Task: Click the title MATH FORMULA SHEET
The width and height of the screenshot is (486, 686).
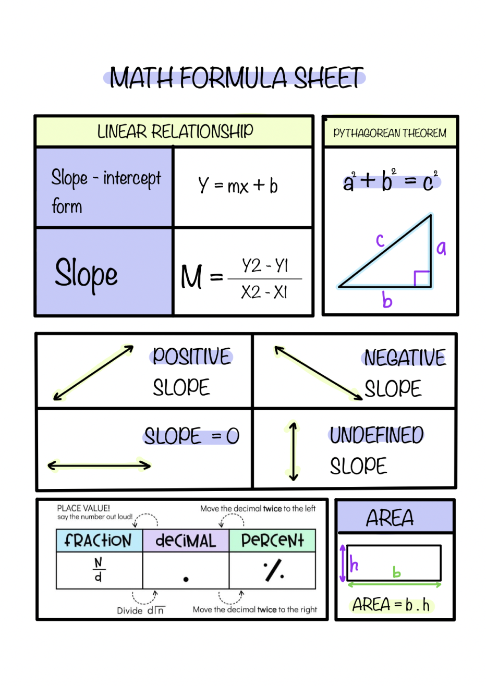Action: click(236, 78)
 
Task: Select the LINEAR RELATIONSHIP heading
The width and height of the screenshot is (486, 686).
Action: click(175, 131)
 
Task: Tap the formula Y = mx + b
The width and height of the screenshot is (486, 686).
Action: click(238, 186)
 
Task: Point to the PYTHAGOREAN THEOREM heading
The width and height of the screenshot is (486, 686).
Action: click(390, 133)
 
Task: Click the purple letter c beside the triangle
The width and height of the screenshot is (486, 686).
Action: click(381, 240)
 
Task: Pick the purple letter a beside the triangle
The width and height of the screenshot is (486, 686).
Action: click(441, 248)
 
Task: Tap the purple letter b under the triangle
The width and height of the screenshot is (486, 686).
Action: click(386, 300)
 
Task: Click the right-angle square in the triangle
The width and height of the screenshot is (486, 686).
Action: click(422, 278)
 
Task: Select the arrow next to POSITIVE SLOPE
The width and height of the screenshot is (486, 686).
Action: click(93, 373)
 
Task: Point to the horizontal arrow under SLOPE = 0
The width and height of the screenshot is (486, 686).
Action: click(99, 465)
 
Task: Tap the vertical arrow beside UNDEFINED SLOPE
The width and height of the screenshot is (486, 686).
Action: click(293, 451)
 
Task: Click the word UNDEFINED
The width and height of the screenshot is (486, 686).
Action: click(376, 435)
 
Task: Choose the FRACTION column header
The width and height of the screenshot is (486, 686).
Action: click(99, 541)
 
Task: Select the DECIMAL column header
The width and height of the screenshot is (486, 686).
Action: click(186, 541)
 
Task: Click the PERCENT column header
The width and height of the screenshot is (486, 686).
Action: click(272, 541)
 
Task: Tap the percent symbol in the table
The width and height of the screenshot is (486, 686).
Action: click(273, 570)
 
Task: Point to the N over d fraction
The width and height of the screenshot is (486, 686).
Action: click(99, 569)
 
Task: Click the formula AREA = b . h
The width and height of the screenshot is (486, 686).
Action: click(391, 605)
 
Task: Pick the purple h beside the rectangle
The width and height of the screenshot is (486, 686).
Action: click(354, 564)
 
